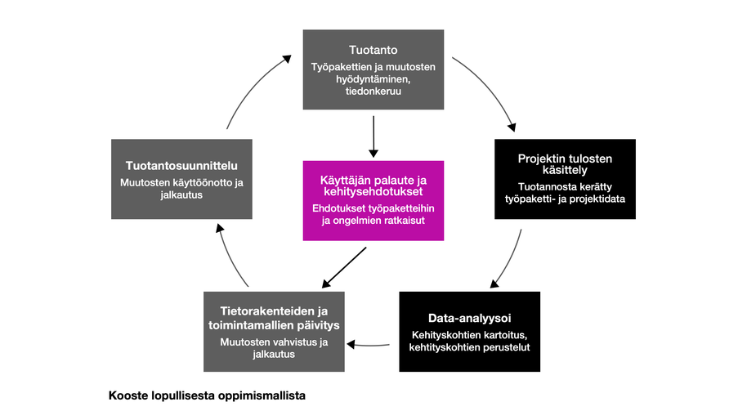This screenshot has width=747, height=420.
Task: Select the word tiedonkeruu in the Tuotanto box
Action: (373, 92)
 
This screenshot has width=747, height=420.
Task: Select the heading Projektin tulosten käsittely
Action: (565, 164)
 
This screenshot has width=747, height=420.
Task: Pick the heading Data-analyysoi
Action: (469, 317)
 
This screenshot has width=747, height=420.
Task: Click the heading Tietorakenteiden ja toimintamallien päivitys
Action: (274, 319)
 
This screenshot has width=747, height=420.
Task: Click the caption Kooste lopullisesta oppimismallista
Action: (207, 396)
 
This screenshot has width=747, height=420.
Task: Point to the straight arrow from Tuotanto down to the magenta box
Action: (373, 136)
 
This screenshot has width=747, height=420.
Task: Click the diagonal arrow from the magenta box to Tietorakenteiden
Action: (344, 268)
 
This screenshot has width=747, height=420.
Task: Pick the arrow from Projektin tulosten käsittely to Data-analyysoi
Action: (511, 260)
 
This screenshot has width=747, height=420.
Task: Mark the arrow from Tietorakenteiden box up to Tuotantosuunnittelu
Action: (231, 257)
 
